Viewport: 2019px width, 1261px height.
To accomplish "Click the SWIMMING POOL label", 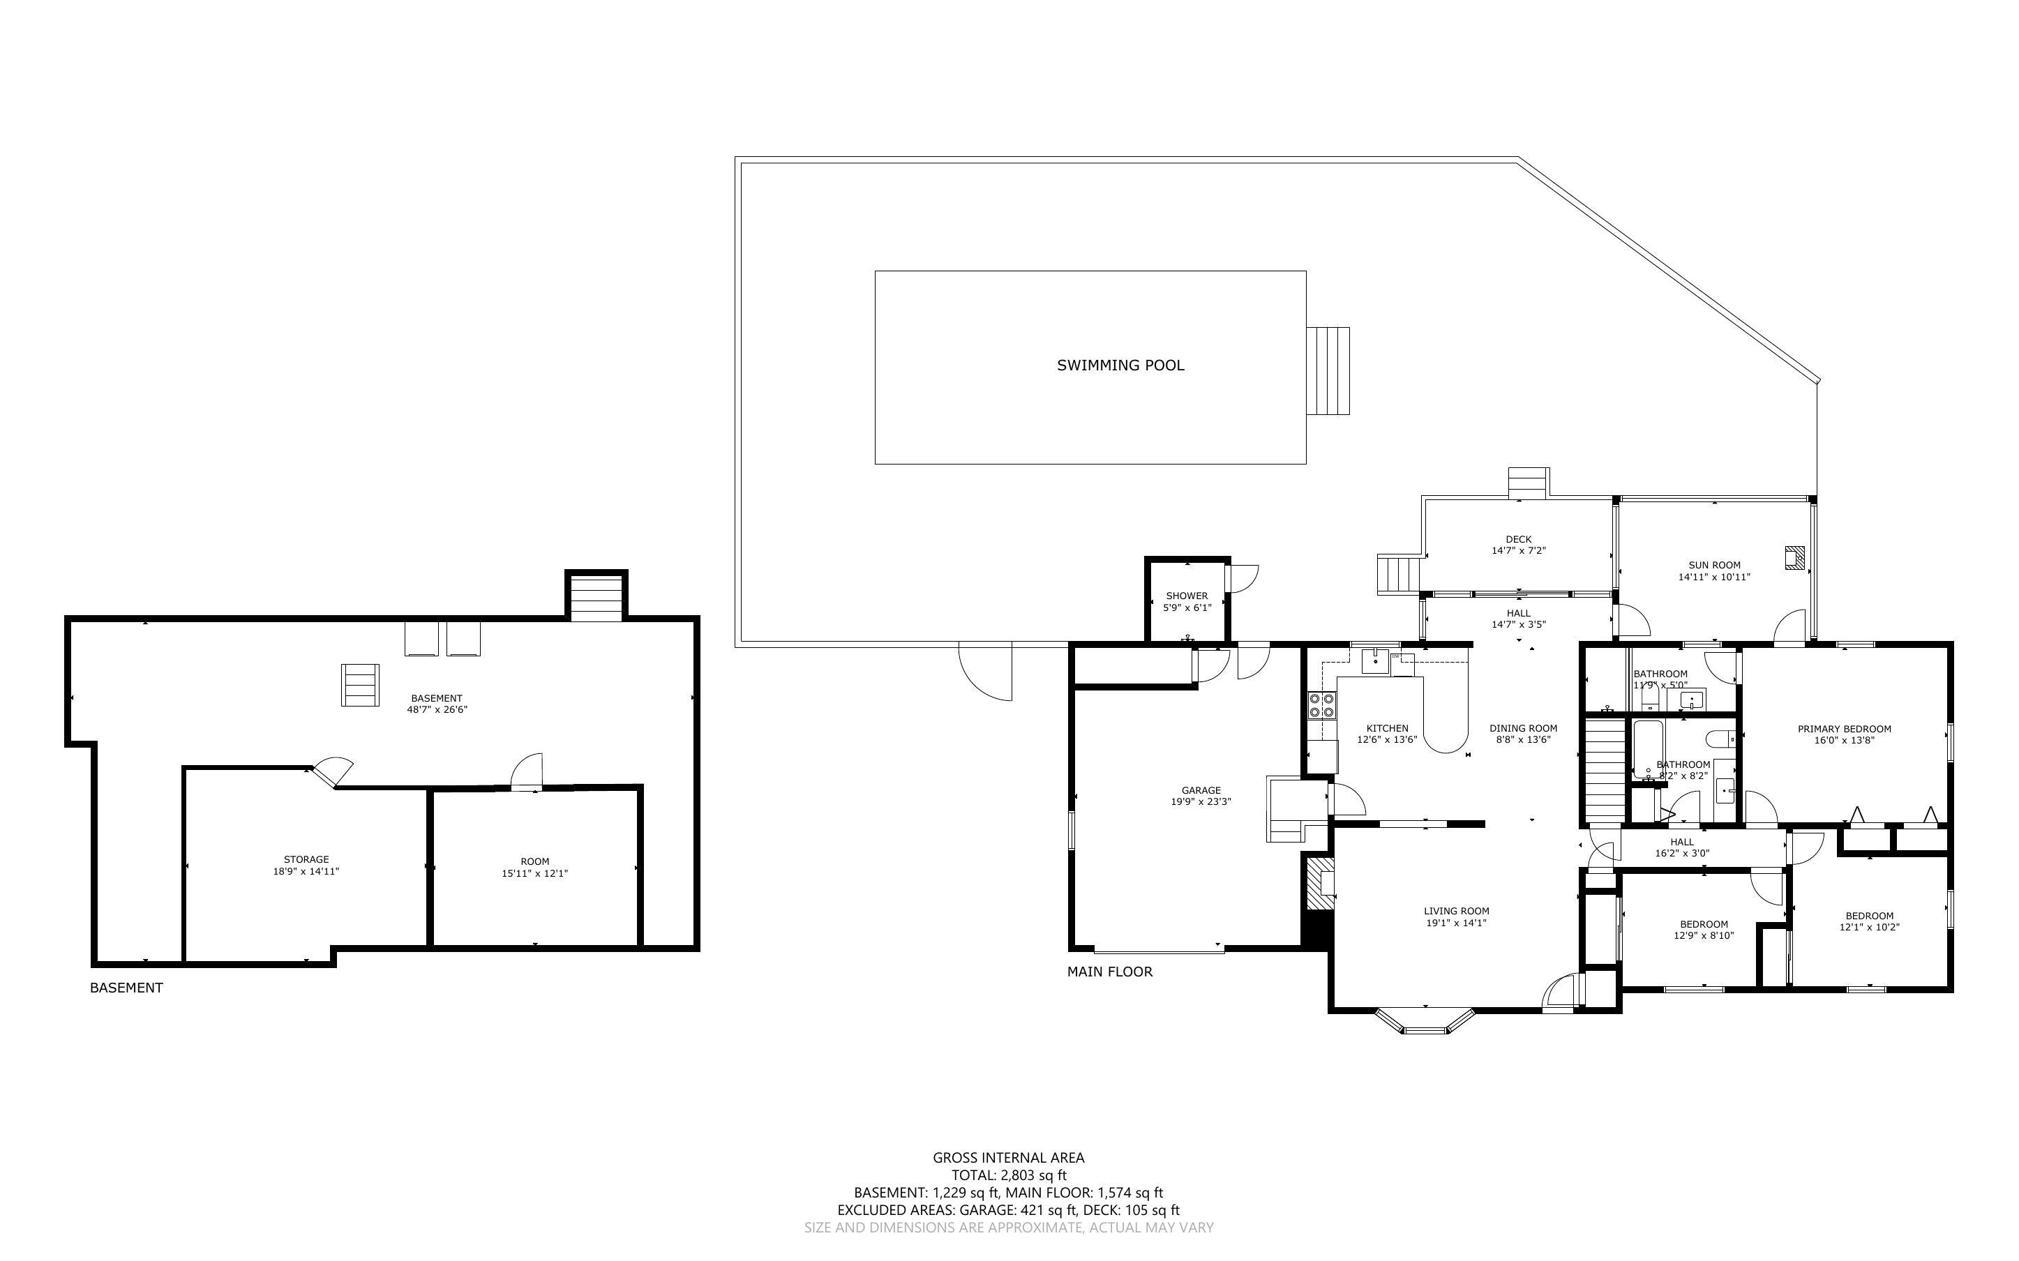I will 1120,365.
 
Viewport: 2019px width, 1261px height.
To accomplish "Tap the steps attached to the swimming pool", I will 1328,370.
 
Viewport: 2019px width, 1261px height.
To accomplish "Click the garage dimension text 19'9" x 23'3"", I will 1201,802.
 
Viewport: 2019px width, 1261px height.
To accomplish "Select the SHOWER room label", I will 1187,596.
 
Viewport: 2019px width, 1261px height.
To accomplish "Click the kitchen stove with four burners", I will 1322,706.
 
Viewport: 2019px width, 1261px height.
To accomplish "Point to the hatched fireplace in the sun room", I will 1794,557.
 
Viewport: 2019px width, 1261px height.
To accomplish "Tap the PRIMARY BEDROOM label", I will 1844,729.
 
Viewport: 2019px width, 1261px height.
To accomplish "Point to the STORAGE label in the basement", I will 306,859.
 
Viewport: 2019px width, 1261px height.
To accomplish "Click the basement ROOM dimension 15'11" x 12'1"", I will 534,874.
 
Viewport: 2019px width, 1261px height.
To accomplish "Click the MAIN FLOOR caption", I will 1110,972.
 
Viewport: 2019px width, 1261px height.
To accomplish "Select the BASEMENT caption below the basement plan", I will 126,988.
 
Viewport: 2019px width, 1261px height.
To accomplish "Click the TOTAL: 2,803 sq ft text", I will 1008,1175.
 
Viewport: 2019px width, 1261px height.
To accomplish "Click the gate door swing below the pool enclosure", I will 986,670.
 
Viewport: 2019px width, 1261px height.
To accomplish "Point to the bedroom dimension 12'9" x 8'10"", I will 1704,936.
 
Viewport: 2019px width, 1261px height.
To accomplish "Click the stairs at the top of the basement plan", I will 595,597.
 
